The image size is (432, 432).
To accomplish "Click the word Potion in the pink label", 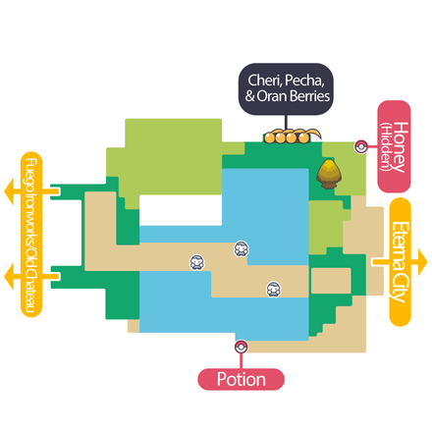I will [x=242, y=378].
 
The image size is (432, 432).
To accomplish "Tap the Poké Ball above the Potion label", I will [x=241, y=346].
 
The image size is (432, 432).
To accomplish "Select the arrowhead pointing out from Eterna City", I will [x=422, y=261].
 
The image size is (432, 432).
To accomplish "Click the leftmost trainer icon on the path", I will [x=196, y=262].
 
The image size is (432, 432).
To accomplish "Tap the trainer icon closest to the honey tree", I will [x=241, y=250].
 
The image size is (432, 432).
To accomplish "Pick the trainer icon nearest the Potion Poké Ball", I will [x=275, y=289].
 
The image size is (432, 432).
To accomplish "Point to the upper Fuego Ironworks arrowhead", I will [x=11, y=187].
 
